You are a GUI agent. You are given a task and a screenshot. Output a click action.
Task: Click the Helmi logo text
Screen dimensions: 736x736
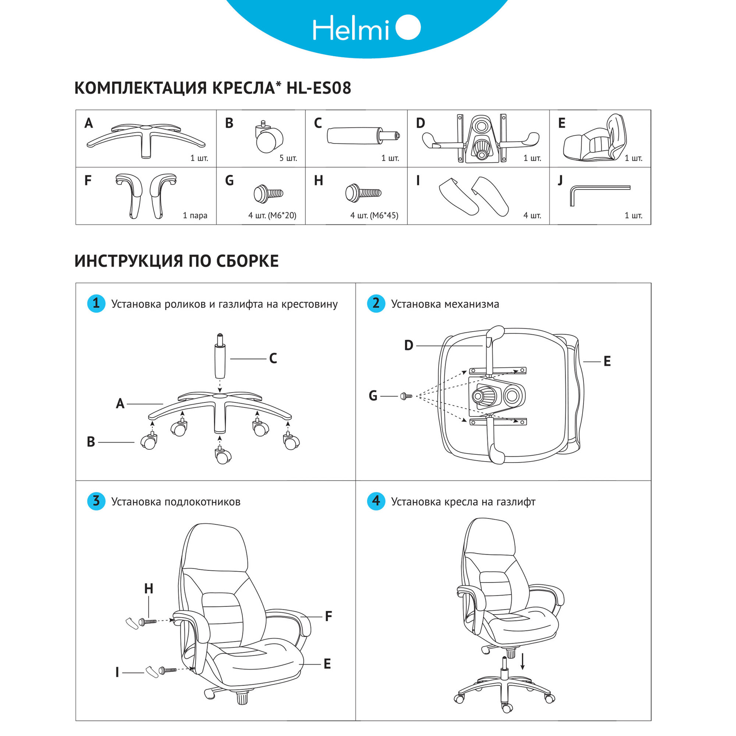pos(350,28)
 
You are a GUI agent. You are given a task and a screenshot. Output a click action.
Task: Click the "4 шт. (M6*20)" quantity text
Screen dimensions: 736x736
pos(272,216)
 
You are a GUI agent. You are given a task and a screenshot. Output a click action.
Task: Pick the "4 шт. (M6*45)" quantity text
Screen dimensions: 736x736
pos(374,216)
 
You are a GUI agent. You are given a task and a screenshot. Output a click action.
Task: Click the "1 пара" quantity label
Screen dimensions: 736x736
pos(195,216)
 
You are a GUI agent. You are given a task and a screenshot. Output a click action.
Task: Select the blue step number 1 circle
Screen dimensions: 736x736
pos(96,304)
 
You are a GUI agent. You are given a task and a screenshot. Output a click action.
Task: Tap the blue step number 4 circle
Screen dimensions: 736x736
pos(376,501)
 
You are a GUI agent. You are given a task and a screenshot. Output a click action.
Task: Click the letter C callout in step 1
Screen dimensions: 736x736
pos(273,358)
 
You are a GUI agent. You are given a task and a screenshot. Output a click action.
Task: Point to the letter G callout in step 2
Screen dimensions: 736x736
pos(373,396)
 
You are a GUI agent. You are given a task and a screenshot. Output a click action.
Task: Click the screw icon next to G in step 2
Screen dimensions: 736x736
pos(406,396)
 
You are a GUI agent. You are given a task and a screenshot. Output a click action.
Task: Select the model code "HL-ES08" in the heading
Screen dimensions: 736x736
pos(318,88)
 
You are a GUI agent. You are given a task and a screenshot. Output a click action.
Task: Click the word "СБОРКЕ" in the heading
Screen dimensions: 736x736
pos(247,261)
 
